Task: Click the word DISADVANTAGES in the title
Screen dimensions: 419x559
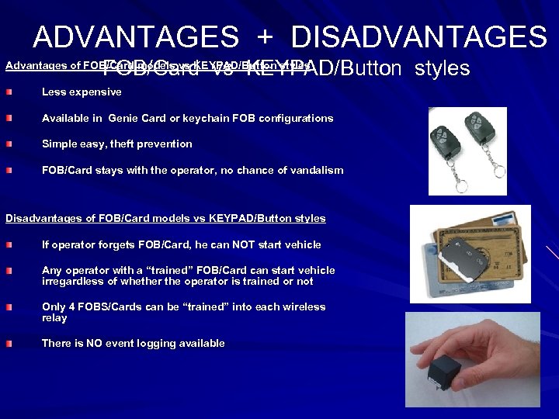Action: click(x=419, y=36)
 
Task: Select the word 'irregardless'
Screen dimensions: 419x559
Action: click(x=71, y=282)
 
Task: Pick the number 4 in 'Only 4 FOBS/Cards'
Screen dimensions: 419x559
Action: click(x=71, y=307)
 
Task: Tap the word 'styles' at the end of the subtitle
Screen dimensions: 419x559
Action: click(x=443, y=68)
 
